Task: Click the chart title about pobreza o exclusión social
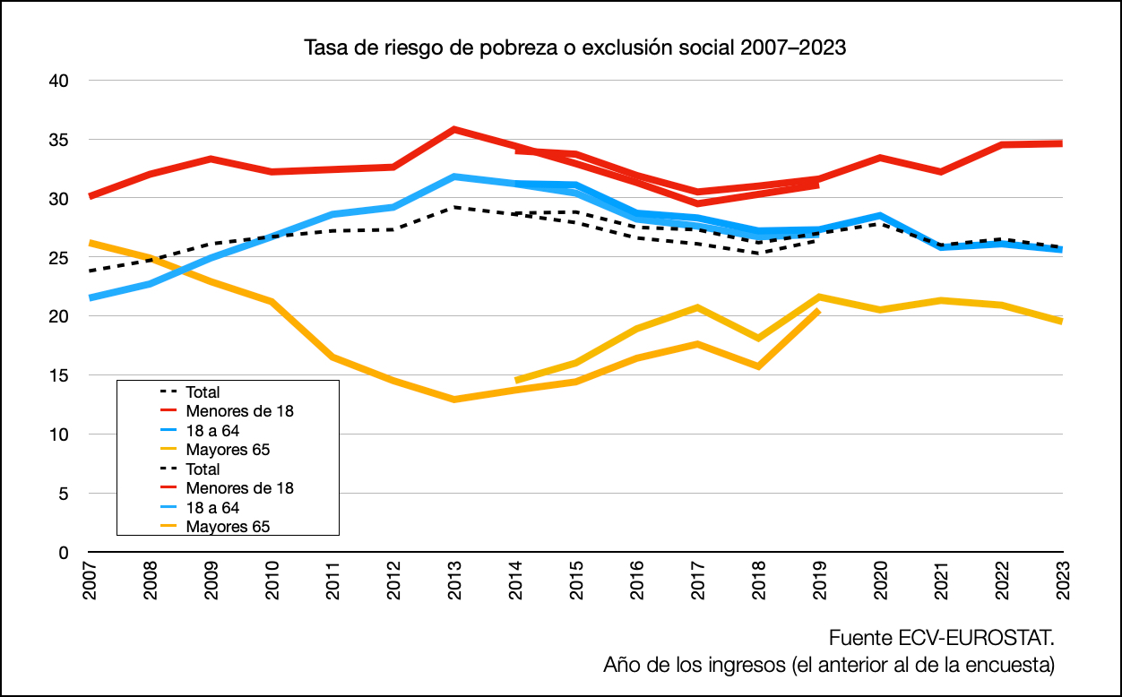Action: click(575, 47)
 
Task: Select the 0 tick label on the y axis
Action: click(64, 553)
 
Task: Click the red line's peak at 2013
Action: click(454, 129)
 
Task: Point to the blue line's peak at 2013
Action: click(454, 176)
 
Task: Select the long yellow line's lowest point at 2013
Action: click(454, 400)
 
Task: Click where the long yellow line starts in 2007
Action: click(91, 243)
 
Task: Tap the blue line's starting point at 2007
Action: click(91, 297)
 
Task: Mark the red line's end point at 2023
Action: click(1062, 143)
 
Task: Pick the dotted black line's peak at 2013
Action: click(454, 207)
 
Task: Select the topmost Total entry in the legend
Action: click(203, 392)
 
